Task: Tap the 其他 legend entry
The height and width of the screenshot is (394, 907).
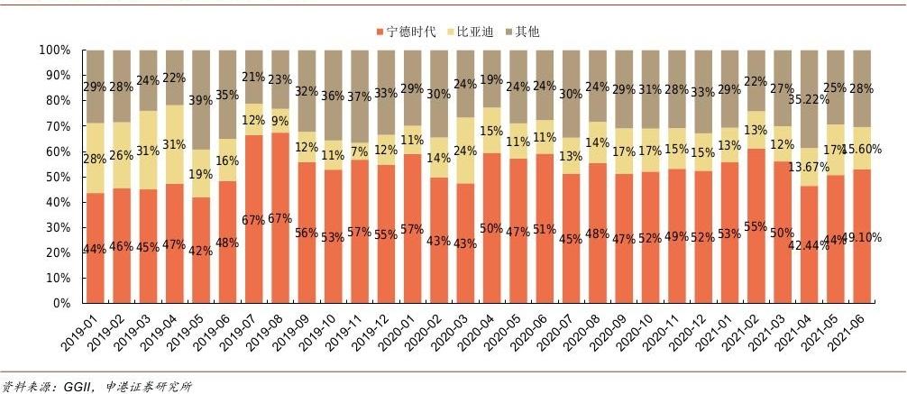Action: pyautogui.click(x=527, y=32)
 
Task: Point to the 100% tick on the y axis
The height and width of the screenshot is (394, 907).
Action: pyautogui.click(x=55, y=50)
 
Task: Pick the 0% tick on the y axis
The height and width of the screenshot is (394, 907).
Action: pyautogui.click(x=61, y=304)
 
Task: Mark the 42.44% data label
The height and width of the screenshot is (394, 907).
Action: pyautogui.click(x=805, y=244)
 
